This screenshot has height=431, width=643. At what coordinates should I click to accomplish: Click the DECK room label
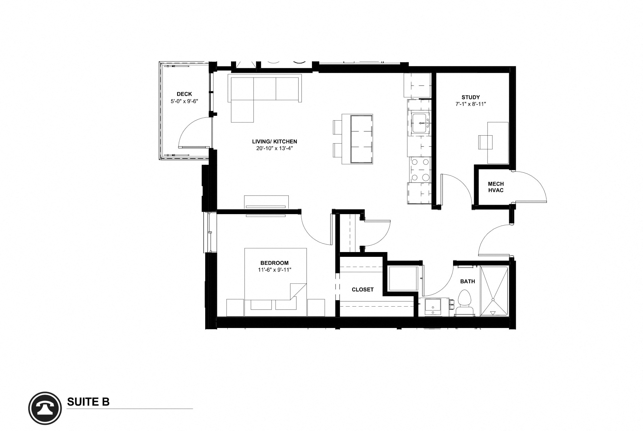(184, 94)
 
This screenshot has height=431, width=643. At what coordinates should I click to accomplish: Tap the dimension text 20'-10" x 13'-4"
(274, 148)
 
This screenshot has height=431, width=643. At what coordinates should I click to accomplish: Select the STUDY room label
(471, 97)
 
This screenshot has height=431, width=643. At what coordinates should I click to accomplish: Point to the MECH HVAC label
(496, 187)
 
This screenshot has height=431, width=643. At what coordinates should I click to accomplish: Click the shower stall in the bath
(494, 291)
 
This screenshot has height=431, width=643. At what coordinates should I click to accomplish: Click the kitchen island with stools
(357, 139)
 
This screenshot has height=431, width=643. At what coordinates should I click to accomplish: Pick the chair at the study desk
(485, 142)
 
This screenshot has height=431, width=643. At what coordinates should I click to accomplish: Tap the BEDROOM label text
(274, 263)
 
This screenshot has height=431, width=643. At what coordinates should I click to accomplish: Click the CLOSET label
(363, 289)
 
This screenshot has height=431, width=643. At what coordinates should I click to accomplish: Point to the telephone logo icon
(45, 408)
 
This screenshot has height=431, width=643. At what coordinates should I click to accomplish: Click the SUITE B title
(88, 402)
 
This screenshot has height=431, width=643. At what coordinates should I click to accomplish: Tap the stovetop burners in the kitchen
(420, 170)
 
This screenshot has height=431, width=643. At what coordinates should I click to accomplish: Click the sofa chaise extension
(242, 111)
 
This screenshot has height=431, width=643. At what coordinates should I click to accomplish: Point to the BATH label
(467, 281)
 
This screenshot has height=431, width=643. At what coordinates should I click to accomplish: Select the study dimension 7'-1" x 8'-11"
(471, 104)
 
